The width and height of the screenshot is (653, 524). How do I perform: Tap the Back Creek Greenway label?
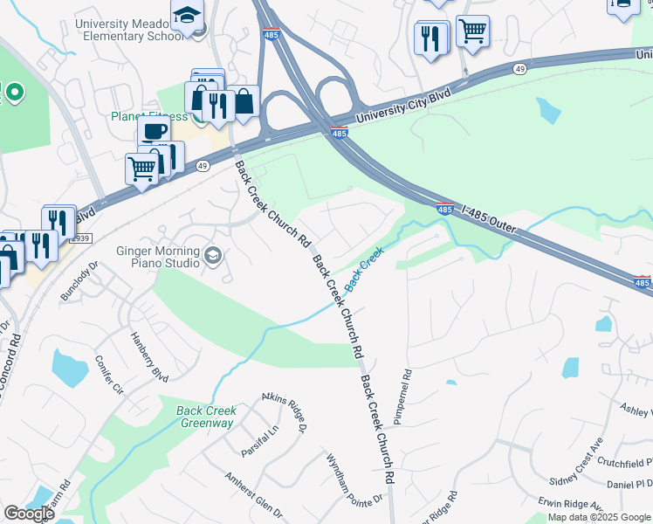click(x=206, y=417)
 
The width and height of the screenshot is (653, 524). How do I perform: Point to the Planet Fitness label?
click(x=149, y=116)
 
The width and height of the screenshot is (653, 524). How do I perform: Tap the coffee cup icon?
click(x=154, y=132)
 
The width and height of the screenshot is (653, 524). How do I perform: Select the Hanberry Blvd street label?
click(x=148, y=357)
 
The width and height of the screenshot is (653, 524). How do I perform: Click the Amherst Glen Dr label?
click(x=253, y=494)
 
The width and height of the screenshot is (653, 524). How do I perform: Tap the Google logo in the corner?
click(x=29, y=514)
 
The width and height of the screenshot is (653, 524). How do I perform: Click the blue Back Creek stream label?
click(x=364, y=270)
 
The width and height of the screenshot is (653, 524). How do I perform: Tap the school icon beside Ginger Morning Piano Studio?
click(x=214, y=256)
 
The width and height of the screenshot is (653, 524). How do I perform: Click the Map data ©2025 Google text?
click(x=599, y=518)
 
